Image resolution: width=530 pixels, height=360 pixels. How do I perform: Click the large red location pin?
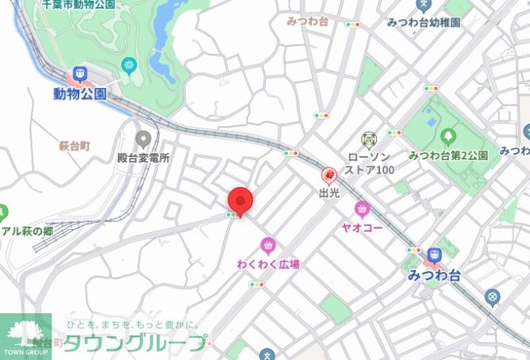point(240,202)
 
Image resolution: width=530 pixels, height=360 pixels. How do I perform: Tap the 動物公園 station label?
point(80,94)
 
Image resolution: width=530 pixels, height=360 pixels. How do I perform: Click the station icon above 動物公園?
point(80,75)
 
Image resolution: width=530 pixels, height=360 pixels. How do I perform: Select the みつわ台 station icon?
point(433,256)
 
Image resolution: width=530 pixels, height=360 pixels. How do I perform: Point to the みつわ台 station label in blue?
point(433,275)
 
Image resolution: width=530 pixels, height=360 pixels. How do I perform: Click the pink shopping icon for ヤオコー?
point(362,209)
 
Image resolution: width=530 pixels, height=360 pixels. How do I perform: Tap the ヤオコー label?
point(363,228)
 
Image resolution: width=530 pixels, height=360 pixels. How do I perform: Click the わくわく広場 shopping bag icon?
point(268,244)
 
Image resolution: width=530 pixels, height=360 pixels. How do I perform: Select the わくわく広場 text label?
point(268,263)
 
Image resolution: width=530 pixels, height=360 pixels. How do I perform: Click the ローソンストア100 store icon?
point(367,141)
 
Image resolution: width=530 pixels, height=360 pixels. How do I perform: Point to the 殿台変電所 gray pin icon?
point(143,140)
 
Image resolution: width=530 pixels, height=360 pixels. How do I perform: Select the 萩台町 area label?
point(75,146)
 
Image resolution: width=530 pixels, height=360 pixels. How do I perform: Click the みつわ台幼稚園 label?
point(424,23)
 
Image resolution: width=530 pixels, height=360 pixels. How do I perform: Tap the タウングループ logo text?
point(135,343)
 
